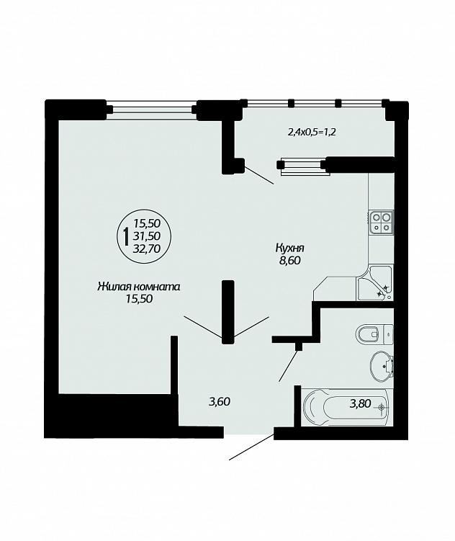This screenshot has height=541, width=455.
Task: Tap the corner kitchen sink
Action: pyautogui.click(x=374, y=283)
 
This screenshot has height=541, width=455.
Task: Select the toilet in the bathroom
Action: pyautogui.click(x=374, y=334)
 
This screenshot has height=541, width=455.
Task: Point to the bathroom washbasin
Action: pyautogui.click(x=382, y=366)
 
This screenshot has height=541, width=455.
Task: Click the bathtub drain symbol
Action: pyautogui.click(x=382, y=408)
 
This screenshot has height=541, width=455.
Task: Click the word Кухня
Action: pyautogui.click(x=289, y=248)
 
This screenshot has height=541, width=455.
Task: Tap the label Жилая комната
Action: pyautogui.click(x=139, y=287)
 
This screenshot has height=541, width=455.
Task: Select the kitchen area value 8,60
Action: pyautogui.click(x=290, y=261)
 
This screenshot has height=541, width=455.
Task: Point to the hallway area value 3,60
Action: pyautogui.click(x=220, y=402)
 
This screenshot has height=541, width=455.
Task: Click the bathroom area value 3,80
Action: pyautogui.click(x=360, y=403)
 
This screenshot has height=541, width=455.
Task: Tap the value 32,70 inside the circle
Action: pyautogui.click(x=147, y=249)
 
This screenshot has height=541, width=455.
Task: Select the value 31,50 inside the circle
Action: pyautogui.click(x=147, y=236)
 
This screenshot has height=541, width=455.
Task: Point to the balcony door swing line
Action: pyautogui.click(x=259, y=175)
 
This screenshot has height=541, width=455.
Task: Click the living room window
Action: pyautogui.click(x=151, y=109)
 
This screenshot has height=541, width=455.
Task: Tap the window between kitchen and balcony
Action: pyautogui.click(x=303, y=166)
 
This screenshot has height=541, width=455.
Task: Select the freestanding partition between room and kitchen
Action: pyautogui.click(x=227, y=312)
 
